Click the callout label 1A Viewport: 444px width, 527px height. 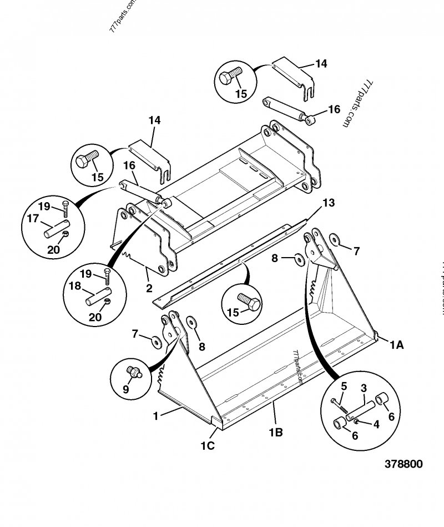[x=396, y=345]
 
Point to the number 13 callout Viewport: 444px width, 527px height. [x=329, y=203]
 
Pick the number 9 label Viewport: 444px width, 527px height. [x=126, y=389]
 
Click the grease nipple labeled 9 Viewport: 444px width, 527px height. [x=134, y=372]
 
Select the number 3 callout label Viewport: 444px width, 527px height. [x=364, y=387]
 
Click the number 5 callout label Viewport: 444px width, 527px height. [x=344, y=386]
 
